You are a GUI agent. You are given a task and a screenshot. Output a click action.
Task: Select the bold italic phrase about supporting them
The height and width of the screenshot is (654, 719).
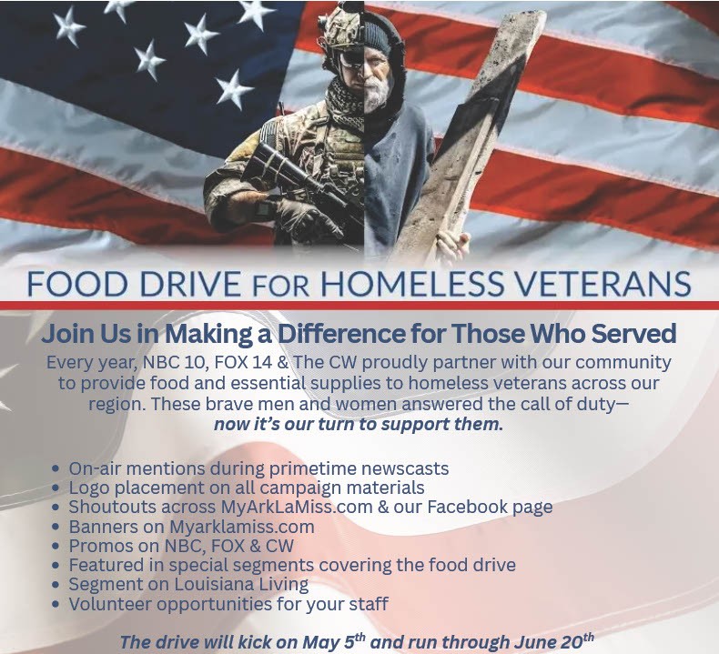[359, 424]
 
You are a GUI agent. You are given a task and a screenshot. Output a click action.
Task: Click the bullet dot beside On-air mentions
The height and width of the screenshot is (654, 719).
[56, 468]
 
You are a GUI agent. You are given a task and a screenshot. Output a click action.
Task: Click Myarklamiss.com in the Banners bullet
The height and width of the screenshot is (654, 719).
[242, 527]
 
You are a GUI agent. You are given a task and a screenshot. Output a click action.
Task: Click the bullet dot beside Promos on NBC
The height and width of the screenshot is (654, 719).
[56, 547]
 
